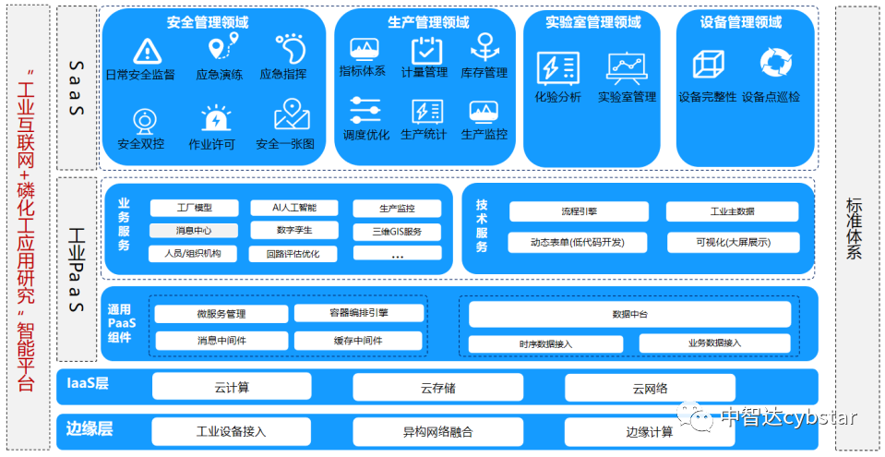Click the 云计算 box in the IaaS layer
(x=231, y=387)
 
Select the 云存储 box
(x=437, y=387)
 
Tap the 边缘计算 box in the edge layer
(x=649, y=432)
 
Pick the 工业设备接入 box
(x=231, y=432)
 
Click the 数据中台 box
(x=629, y=315)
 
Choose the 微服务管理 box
(x=221, y=314)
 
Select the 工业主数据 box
(x=732, y=211)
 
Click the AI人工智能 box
(x=293, y=209)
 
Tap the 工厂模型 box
(x=194, y=209)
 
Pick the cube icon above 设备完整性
(x=708, y=64)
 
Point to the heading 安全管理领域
(x=208, y=22)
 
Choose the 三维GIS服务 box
(x=397, y=231)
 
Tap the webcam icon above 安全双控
(x=145, y=120)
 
